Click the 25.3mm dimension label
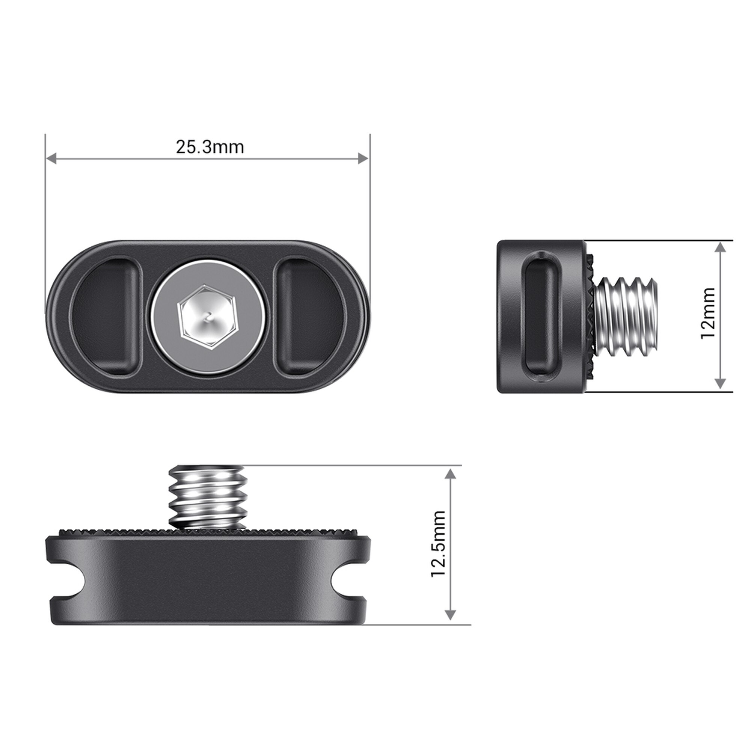point(210,147)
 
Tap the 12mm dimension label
point(708,313)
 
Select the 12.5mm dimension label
point(439,544)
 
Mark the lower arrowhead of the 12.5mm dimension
point(450,614)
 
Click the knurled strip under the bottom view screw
point(117,532)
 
